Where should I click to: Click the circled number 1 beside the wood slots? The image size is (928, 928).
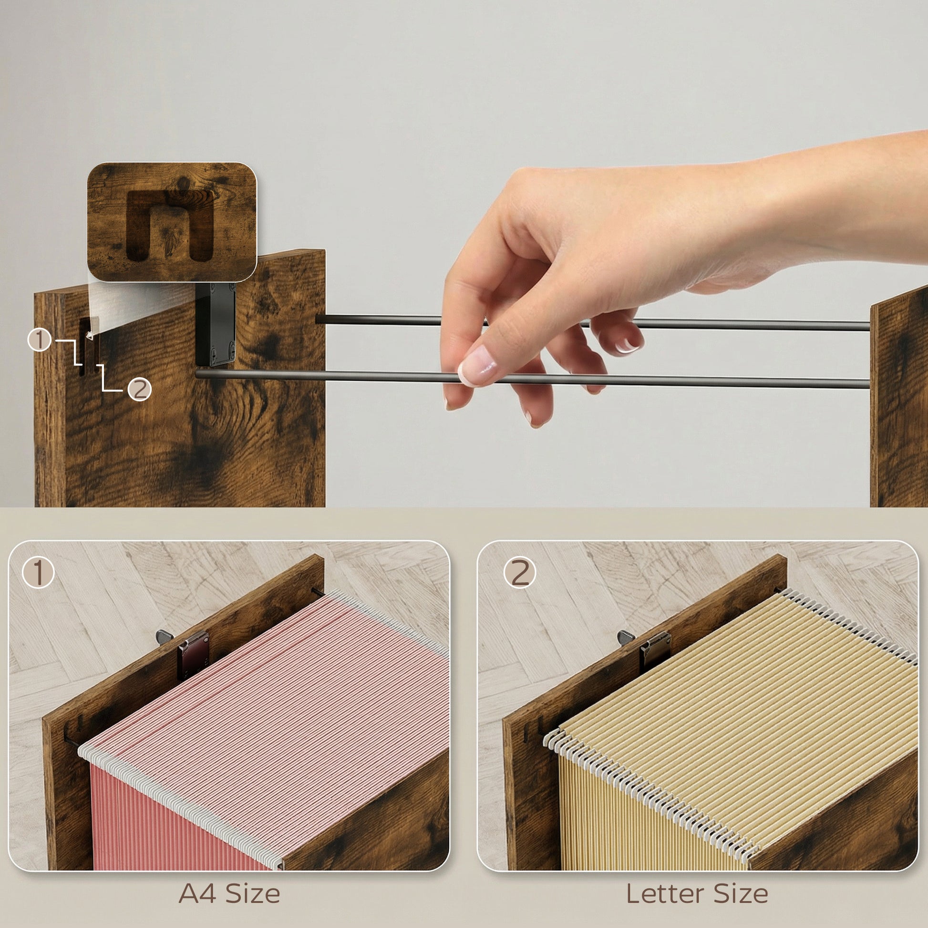40,340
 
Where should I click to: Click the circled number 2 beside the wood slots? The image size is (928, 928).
139,389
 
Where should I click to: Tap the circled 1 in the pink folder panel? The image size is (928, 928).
39,573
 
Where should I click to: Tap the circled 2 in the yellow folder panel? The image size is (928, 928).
520,573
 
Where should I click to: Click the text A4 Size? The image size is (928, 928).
229,894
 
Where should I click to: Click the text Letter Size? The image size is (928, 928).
697,894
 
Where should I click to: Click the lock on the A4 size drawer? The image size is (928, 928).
193,655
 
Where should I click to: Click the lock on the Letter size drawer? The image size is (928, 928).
655,651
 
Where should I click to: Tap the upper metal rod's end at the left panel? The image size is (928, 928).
318,319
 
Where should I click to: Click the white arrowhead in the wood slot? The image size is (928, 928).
89,335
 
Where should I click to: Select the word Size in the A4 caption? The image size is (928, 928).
253,894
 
